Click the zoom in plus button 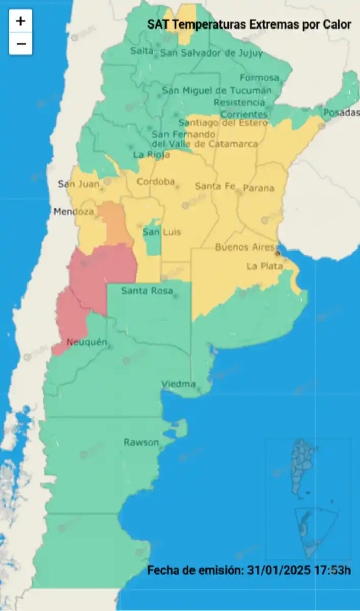pos(20,21)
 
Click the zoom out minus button pos(20,44)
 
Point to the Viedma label pos(178,384)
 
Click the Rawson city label pos(141,442)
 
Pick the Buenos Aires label pos(245,247)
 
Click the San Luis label pos(161,232)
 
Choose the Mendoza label pos(74,211)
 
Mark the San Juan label pos(78,184)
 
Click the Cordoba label pos(155,182)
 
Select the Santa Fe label pos(215,186)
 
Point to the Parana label pos(258,188)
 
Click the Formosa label pos(260,78)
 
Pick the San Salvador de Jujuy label pos(211,53)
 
